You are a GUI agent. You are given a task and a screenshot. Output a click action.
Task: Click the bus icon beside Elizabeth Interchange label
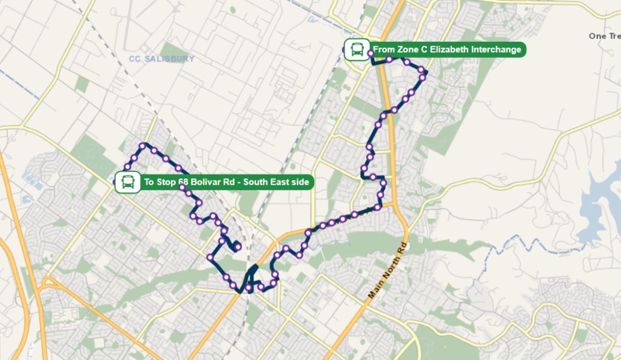click(355, 49)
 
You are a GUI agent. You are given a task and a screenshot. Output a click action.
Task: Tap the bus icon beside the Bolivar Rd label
click(127, 182)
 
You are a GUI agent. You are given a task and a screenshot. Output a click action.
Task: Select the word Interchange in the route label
click(496, 50)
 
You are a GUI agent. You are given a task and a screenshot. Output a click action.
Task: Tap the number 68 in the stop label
click(184, 182)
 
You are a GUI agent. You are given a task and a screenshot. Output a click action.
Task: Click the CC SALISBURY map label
click(162, 59)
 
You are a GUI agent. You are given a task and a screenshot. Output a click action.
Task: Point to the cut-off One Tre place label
click(604, 36)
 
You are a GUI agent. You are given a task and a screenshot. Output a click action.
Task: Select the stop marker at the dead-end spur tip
click(238, 246)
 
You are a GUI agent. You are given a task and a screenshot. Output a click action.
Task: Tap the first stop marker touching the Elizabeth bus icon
click(371, 54)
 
